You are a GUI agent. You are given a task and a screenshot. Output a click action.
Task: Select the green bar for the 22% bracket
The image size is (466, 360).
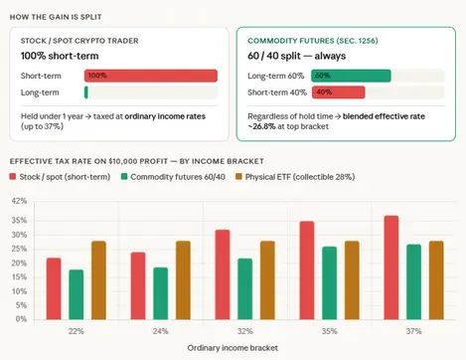[x=76, y=293]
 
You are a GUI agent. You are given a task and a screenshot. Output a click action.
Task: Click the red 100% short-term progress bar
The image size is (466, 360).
[x=151, y=76]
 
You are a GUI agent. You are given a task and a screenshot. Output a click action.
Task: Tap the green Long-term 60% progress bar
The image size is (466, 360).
[x=350, y=75]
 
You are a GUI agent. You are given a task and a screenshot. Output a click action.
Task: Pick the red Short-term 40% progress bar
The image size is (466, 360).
[x=337, y=92]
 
